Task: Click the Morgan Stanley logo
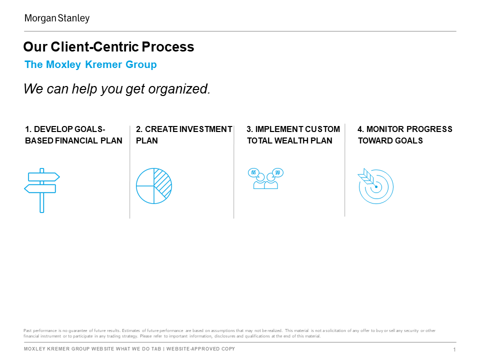[57, 18]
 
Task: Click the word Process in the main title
[168, 47]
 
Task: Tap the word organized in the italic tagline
[179, 89]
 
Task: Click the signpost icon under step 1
[42, 190]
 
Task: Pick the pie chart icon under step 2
[154, 186]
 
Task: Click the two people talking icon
[265, 178]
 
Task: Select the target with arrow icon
[375, 186]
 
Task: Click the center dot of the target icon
[376, 186]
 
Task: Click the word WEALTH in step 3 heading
[291, 140]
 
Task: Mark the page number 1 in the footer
[454, 349]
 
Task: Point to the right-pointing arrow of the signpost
[44, 177]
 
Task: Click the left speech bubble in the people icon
[253, 172]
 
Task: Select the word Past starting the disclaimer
[27, 330]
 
